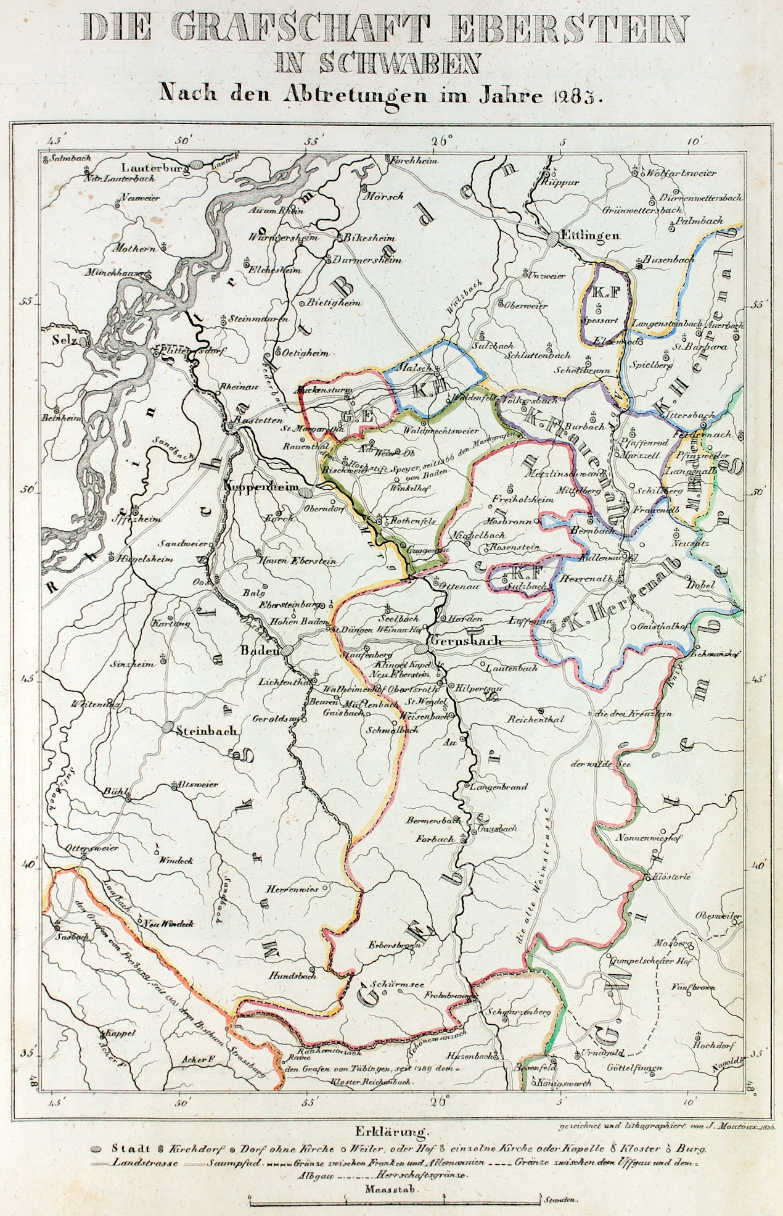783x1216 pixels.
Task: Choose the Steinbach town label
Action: click(206, 730)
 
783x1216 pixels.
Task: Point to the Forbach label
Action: click(434, 839)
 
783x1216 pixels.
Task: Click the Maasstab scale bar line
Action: click(395, 1200)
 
